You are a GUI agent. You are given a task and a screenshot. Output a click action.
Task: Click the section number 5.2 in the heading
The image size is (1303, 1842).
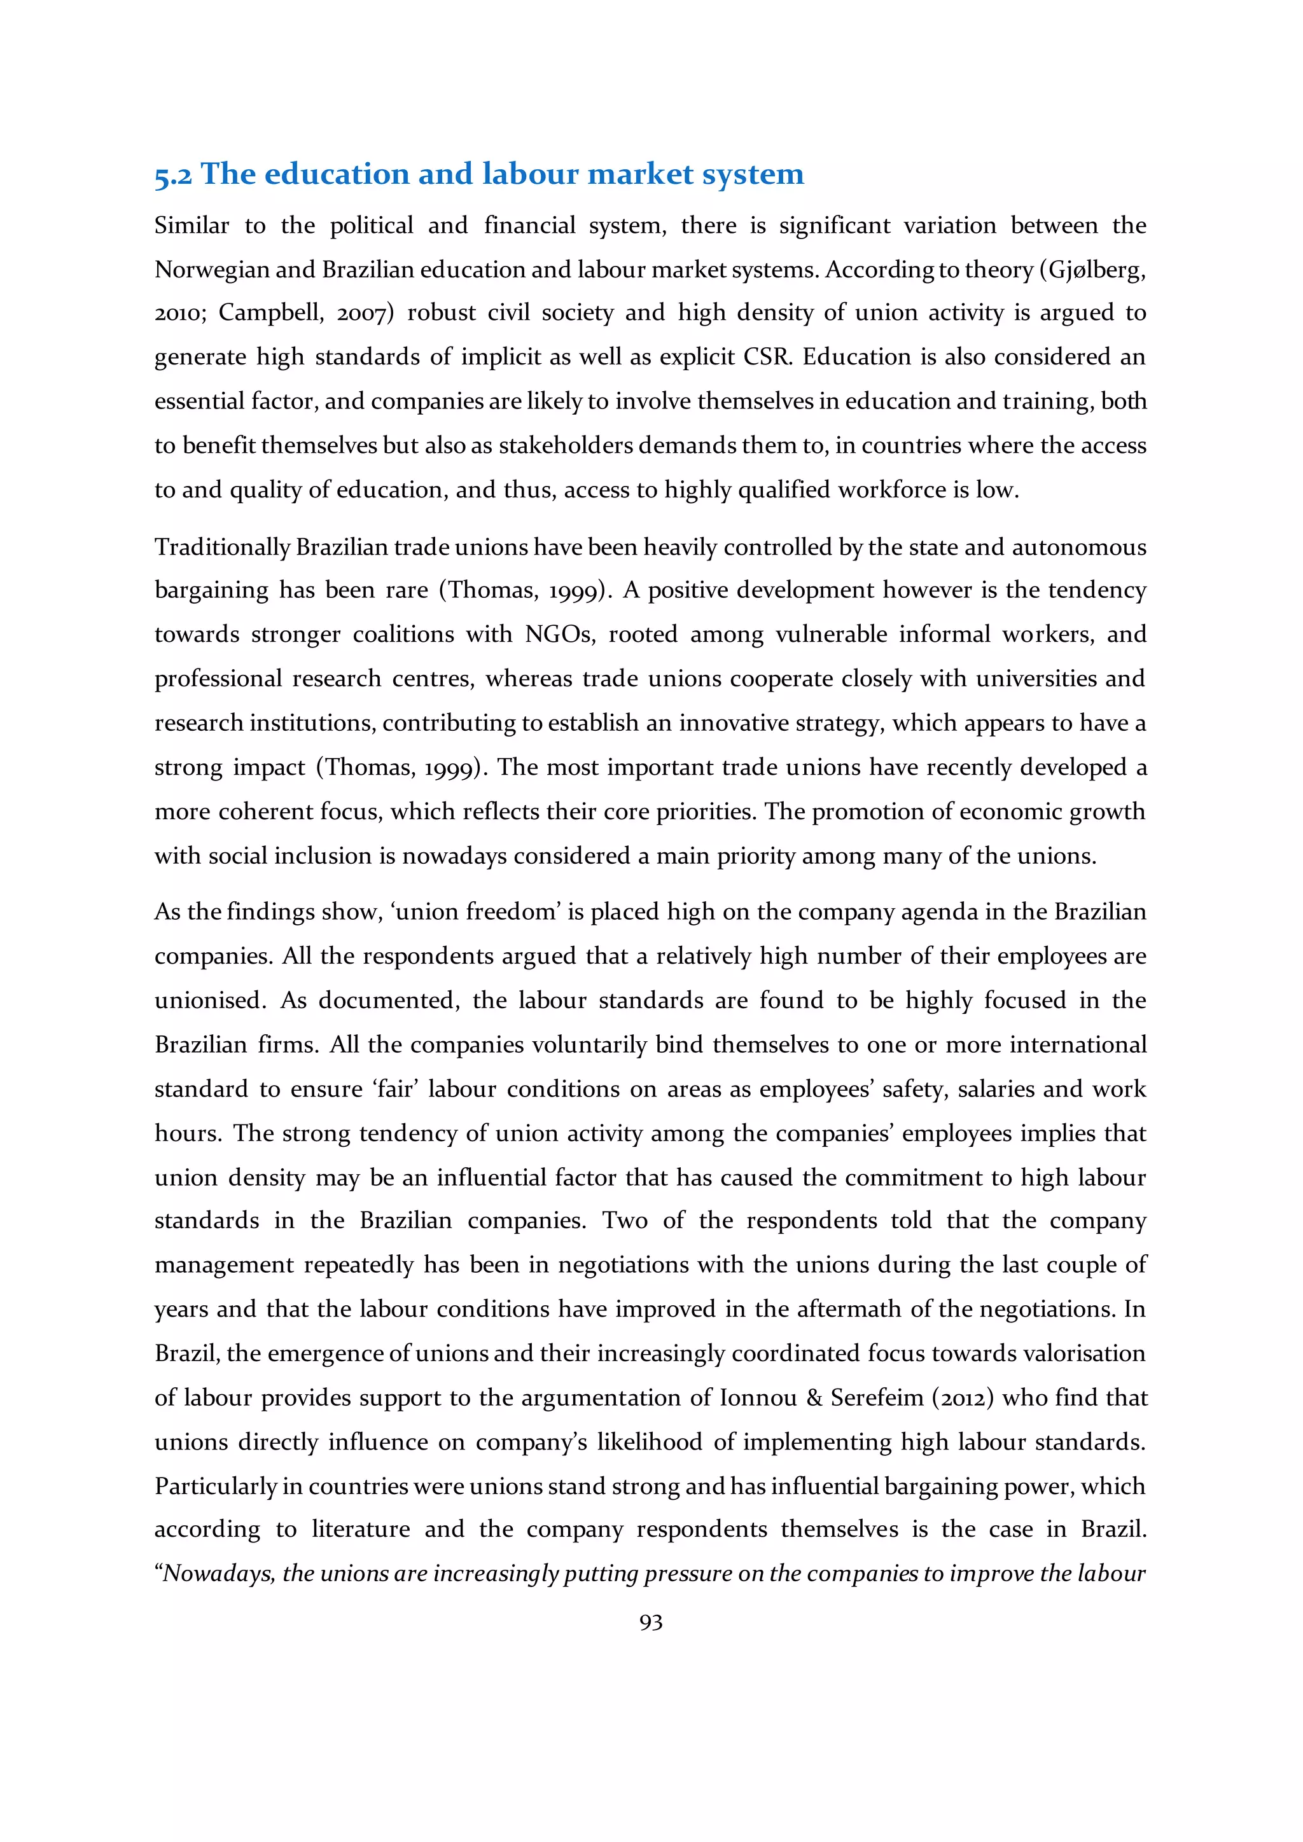(172, 175)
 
